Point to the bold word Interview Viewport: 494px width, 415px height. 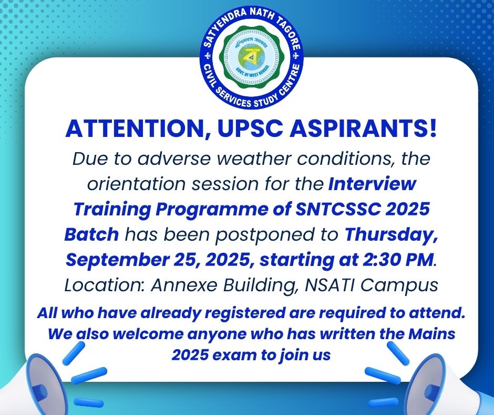click(372, 184)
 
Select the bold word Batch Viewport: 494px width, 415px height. click(91, 234)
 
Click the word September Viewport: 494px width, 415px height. click(117, 260)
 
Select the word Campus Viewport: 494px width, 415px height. click(399, 286)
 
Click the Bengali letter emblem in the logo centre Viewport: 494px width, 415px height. click(251, 56)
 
